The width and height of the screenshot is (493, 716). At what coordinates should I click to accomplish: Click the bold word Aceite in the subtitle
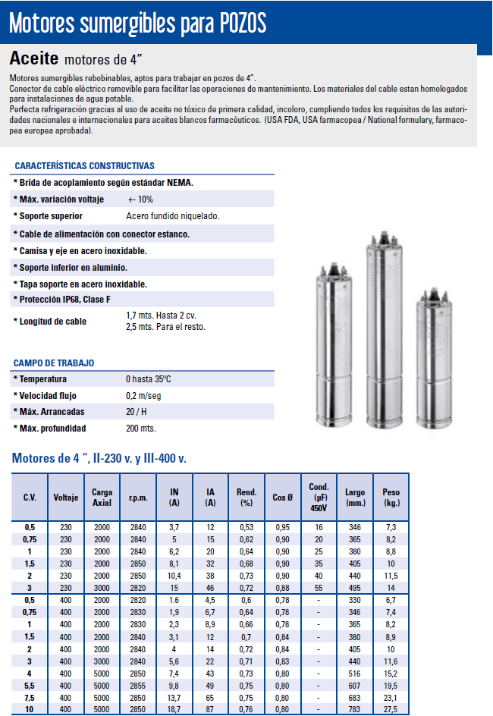(34, 59)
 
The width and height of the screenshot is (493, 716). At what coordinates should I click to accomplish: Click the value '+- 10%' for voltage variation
(140, 199)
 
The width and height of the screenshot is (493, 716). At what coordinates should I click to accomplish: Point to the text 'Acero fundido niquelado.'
(172, 216)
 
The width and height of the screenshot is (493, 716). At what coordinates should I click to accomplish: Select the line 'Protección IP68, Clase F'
(68, 300)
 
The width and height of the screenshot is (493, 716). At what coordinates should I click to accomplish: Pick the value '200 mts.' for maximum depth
(140, 429)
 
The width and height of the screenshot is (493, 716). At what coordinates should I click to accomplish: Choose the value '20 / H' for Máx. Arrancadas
(137, 412)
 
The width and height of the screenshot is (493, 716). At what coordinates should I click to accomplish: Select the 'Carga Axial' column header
(102, 497)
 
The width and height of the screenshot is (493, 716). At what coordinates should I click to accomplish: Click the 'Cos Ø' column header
(282, 498)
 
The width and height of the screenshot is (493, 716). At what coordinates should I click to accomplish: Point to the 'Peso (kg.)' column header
(391, 498)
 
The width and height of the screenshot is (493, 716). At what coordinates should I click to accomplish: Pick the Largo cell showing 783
(354, 708)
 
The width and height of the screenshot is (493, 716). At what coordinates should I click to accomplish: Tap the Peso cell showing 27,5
(391, 708)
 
